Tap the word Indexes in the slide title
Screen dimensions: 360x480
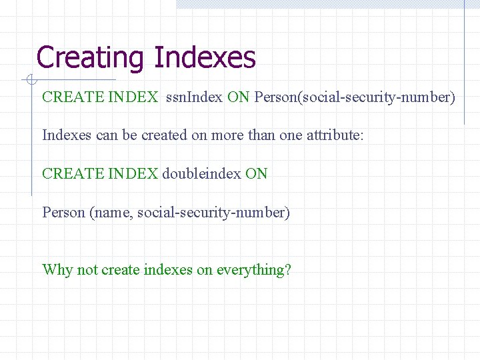click(205, 58)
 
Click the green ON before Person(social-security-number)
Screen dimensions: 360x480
click(238, 97)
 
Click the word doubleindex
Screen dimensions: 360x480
click(201, 174)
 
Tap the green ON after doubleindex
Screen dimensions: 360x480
click(256, 174)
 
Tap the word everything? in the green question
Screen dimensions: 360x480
click(254, 270)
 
